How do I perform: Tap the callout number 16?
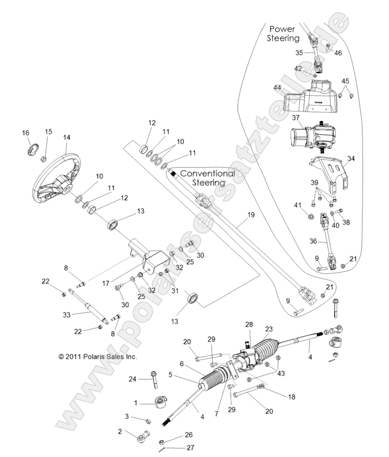click(25, 133)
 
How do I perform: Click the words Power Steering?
click(283, 33)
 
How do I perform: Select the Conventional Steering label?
click(207, 178)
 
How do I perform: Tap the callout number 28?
click(249, 324)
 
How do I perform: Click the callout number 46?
click(338, 53)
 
